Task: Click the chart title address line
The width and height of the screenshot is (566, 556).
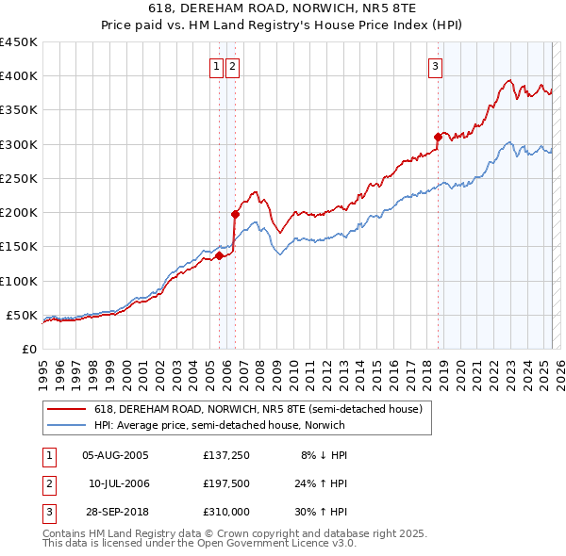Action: point(283,8)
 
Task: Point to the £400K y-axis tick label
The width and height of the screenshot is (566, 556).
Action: point(18,76)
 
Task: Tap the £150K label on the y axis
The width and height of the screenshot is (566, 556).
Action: point(18,246)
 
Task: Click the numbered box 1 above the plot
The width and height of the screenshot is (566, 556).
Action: point(217,66)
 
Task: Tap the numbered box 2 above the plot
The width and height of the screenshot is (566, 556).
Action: point(232,66)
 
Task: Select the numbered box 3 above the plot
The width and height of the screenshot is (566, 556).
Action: point(436,66)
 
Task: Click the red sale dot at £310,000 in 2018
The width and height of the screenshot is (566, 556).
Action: point(438,138)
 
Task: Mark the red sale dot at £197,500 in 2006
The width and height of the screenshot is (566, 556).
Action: point(235,214)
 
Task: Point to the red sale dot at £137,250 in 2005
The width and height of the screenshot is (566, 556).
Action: point(219,255)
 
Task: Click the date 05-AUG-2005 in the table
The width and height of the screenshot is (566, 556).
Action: point(115,454)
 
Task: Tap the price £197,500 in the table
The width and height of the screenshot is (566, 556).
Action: point(226,483)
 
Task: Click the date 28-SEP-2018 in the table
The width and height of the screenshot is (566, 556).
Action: point(115,513)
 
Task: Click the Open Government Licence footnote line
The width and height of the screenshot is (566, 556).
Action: point(199,545)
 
